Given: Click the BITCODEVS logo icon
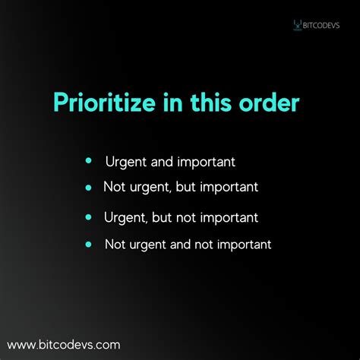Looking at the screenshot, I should click(x=297, y=25).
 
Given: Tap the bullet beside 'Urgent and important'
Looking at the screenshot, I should click(x=89, y=161).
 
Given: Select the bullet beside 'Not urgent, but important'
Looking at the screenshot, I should click(x=89, y=187).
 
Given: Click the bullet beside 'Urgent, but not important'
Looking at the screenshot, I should click(x=89, y=217).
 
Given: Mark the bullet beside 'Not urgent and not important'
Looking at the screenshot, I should click(x=89, y=245).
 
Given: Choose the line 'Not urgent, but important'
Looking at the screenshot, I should click(x=180, y=187).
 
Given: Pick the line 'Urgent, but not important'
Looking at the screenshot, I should click(x=180, y=218).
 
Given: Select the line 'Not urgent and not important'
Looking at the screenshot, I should click(x=188, y=245).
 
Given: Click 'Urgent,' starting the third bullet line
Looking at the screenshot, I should click(x=125, y=218).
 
